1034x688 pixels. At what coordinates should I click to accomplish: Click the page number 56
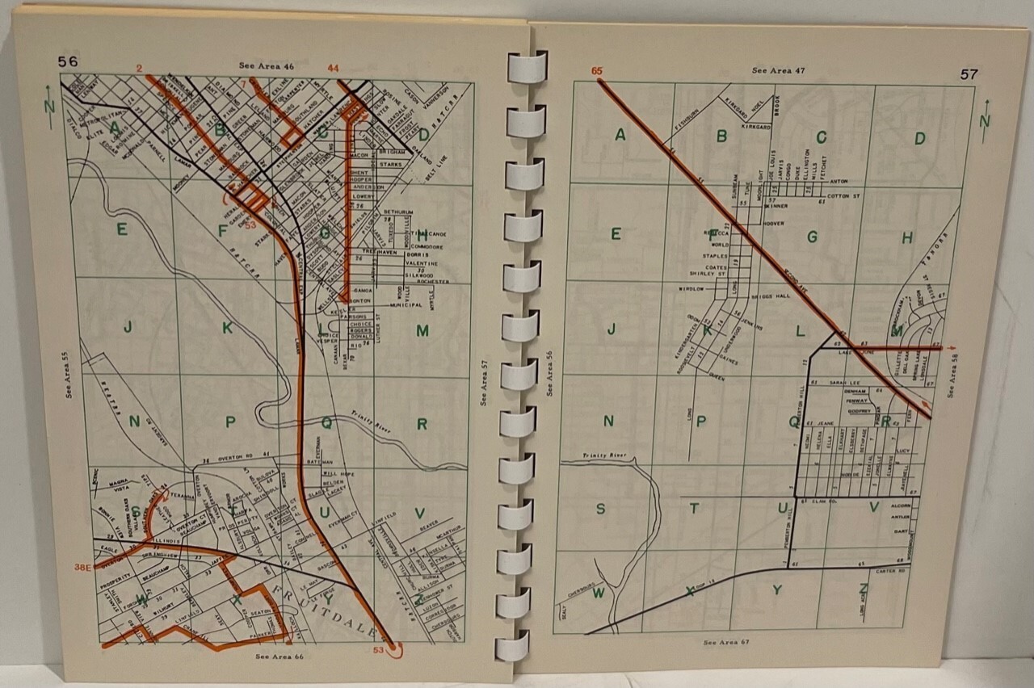(x=66, y=61)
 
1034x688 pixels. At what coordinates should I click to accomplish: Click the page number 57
(x=969, y=74)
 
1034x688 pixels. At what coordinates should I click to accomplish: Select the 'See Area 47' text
(x=778, y=70)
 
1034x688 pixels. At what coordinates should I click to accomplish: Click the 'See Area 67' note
(x=726, y=643)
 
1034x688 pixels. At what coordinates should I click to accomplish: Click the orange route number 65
(x=597, y=71)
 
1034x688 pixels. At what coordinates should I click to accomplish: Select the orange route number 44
(x=332, y=67)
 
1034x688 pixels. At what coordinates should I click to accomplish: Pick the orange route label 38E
(x=82, y=568)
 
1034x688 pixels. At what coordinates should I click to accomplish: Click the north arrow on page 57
(x=985, y=120)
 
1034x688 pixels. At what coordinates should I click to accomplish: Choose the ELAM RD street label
(x=819, y=501)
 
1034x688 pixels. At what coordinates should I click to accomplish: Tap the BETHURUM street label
(x=397, y=212)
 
